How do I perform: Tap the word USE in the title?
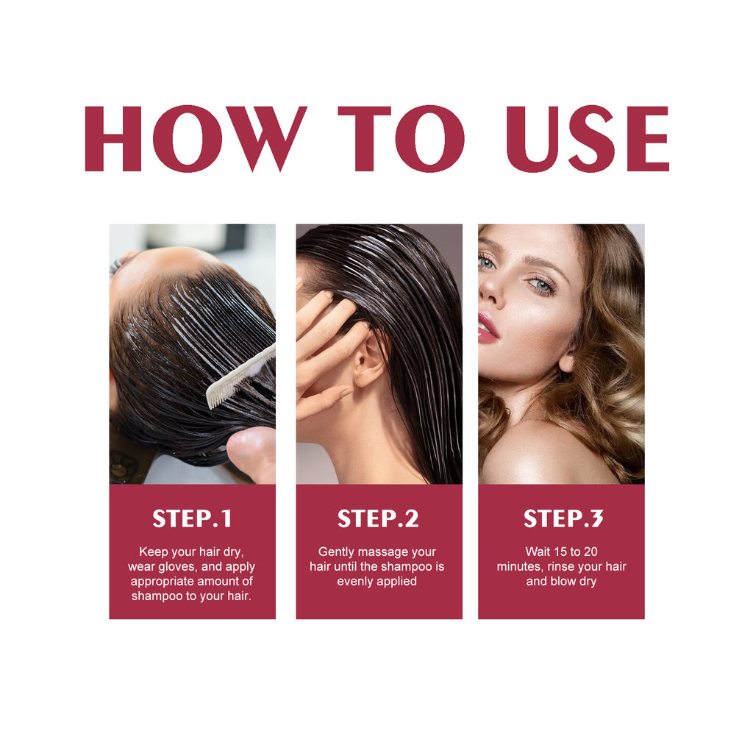[587, 139]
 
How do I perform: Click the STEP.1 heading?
[192, 519]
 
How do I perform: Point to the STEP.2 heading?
[378, 519]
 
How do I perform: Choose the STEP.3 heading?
[563, 519]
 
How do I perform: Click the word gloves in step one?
[176, 567]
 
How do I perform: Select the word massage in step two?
[383, 552]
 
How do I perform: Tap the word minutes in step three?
[520, 566]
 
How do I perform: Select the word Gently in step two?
[337, 552]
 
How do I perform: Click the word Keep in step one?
[152, 552]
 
